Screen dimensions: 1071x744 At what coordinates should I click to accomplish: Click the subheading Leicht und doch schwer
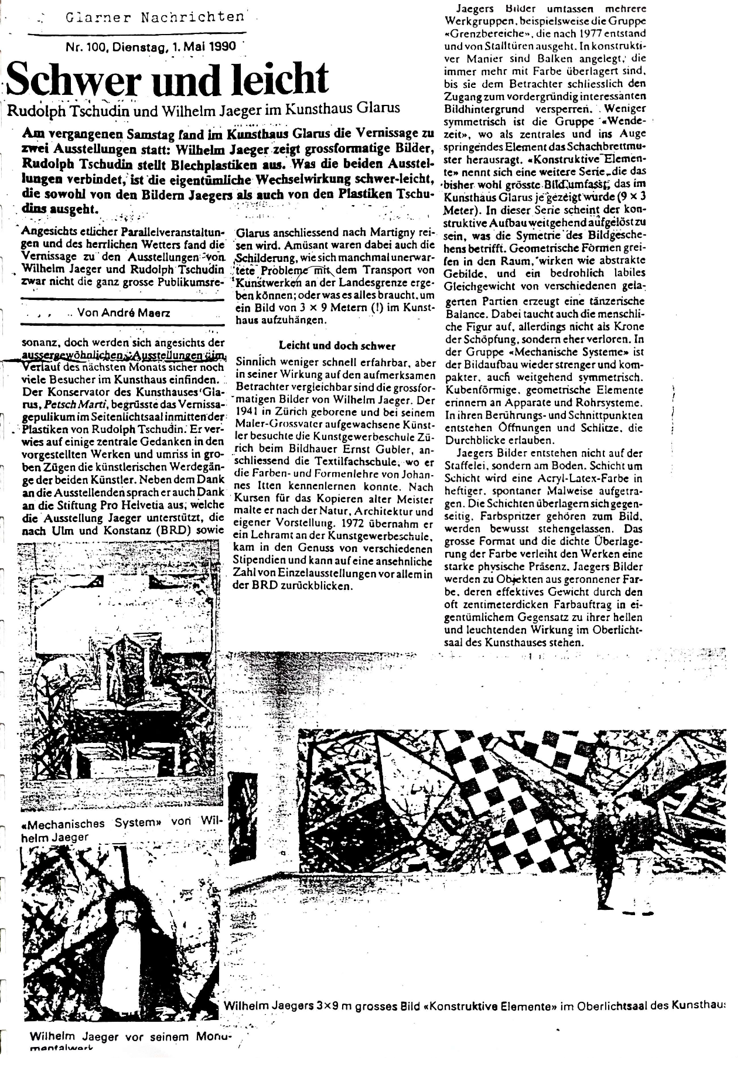point(337,346)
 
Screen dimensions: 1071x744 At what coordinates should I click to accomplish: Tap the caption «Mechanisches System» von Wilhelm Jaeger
point(117,829)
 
